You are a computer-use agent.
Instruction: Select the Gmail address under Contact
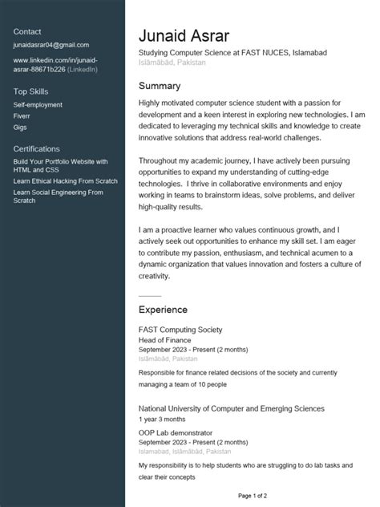(x=51, y=46)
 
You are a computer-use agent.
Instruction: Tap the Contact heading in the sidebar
(x=27, y=31)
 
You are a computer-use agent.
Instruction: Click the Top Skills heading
(x=30, y=91)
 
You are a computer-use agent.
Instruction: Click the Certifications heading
(x=36, y=148)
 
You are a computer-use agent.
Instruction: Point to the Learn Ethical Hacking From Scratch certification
(x=65, y=181)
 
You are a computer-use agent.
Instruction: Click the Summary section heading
(x=160, y=86)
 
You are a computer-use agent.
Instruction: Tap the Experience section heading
(x=163, y=309)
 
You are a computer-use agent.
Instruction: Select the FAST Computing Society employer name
(x=180, y=330)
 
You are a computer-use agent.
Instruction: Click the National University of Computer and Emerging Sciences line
(x=231, y=408)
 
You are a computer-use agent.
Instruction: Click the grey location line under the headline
(x=172, y=63)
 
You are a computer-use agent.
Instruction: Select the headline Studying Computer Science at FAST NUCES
(x=232, y=53)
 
